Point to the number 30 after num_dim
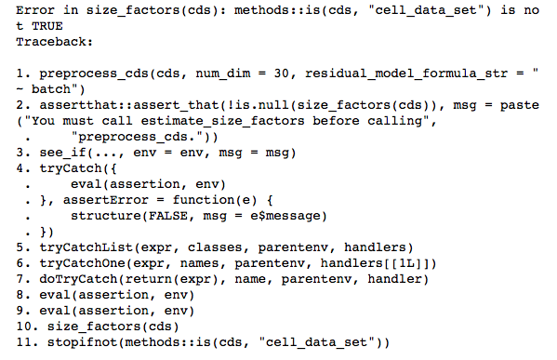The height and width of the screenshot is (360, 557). (x=255, y=73)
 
